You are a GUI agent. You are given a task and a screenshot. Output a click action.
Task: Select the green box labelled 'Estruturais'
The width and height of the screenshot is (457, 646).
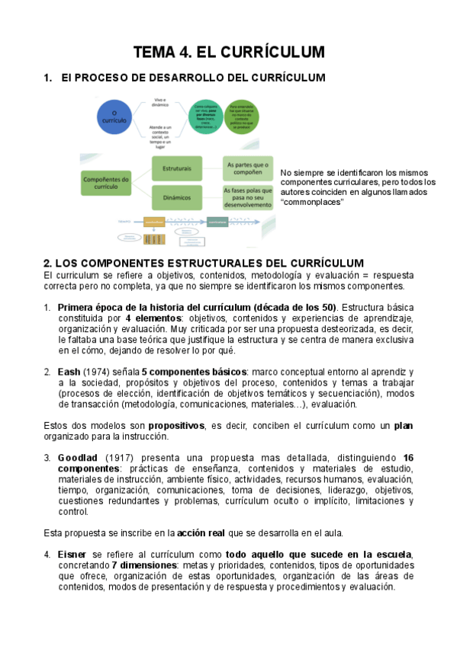[176, 167]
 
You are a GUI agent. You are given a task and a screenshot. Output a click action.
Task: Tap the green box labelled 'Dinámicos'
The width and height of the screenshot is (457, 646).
[176, 197]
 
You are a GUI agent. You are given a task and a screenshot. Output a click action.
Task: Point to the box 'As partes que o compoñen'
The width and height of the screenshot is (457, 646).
[248, 167]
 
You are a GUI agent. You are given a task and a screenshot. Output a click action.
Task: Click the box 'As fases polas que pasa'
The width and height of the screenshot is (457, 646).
[248, 197]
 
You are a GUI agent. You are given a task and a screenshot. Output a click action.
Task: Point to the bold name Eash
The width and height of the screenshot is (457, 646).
[69, 371]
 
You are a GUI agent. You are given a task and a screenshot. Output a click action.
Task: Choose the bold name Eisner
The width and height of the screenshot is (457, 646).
[72, 555]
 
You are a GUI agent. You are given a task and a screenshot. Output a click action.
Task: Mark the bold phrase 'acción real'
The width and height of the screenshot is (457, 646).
[205, 532]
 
